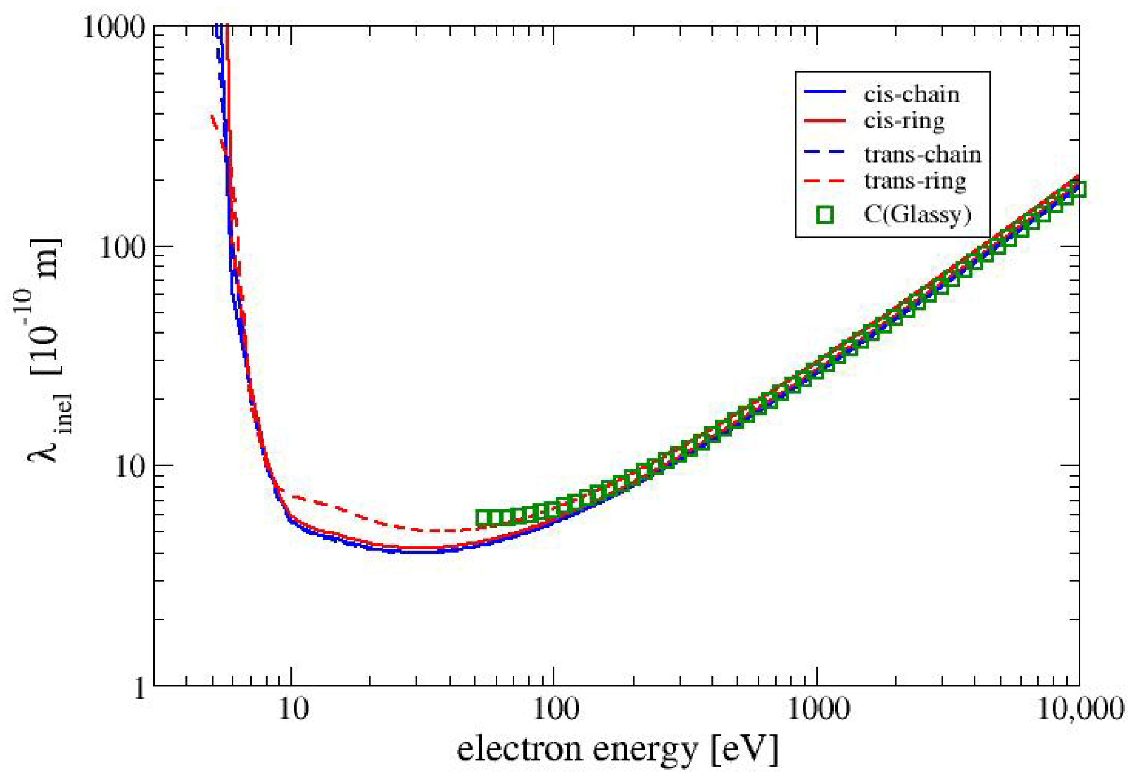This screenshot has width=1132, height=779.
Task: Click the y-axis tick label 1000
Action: [114, 27]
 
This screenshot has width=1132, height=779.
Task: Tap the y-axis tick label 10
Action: [130, 468]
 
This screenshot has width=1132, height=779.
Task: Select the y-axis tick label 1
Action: [140, 688]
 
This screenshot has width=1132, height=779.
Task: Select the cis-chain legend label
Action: [911, 95]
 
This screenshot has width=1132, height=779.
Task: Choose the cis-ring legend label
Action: [904, 121]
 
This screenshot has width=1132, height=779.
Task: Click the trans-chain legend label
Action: [923, 155]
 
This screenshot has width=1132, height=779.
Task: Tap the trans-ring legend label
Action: [915, 182]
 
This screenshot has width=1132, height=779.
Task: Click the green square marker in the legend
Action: [825, 215]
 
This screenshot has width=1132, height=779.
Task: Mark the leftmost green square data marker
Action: [483, 517]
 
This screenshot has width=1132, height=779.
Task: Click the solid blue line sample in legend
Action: [825, 92]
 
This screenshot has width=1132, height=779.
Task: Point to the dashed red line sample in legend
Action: [825, 181]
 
